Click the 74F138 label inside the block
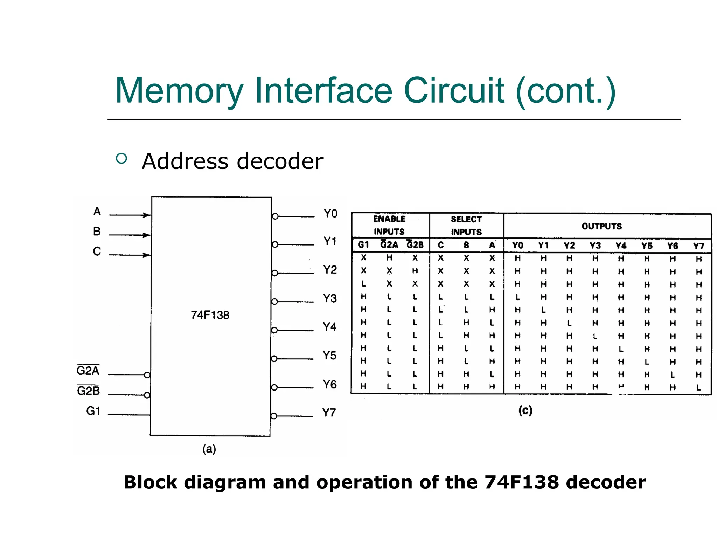click(210, 315)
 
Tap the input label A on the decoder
click(97, 211)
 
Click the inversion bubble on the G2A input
click(147, 375)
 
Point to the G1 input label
click(93, 411)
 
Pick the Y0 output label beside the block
click(330, 213)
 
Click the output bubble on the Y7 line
click(274, 416)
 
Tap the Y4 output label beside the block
click(329, 327)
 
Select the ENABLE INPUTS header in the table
click(389, 225)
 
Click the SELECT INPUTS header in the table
click(466, 226)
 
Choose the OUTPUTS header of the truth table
click(601, 226)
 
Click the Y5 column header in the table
click(647, 246)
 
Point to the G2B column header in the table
click(415, 244)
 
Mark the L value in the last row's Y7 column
click(698, 387)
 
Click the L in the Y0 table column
click(517, 297)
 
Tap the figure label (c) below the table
click(525, 410)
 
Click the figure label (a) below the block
click(209, 449)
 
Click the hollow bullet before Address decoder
click(121, 159)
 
